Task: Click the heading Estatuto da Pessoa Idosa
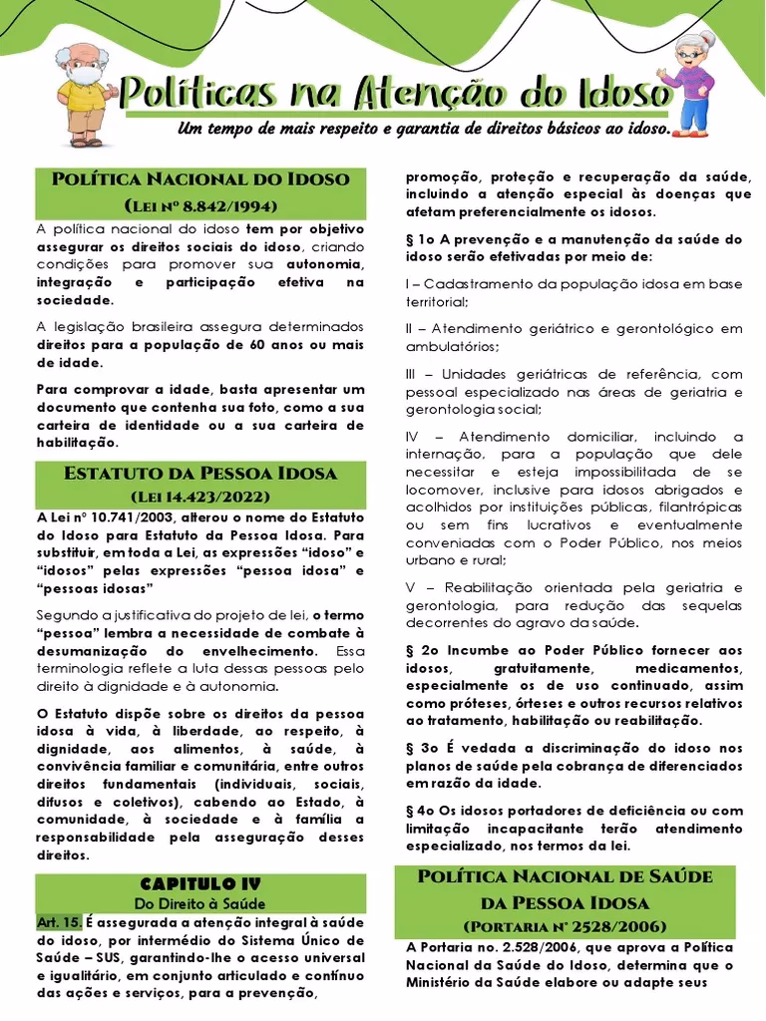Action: click(x=199, y=473)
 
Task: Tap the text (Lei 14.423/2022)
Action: click(x=199, y=496)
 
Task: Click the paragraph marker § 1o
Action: click(x=423, y=239)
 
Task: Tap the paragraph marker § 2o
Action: click(x=423, y=649)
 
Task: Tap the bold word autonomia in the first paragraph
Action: click(x=323, y=263)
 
